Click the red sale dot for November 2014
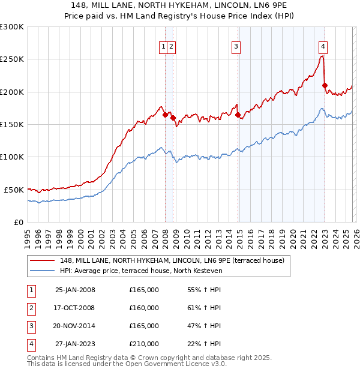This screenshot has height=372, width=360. [238, 115]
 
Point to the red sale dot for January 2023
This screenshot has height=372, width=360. [325, 85]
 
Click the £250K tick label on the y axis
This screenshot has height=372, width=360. [12, 59]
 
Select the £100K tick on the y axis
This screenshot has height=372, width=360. [12, 157]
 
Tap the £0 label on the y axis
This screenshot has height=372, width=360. [19, 222]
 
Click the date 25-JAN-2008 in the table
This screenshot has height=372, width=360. [75, 290]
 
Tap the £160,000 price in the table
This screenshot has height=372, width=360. [144, 308]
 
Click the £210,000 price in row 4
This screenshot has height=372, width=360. [144, 344]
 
